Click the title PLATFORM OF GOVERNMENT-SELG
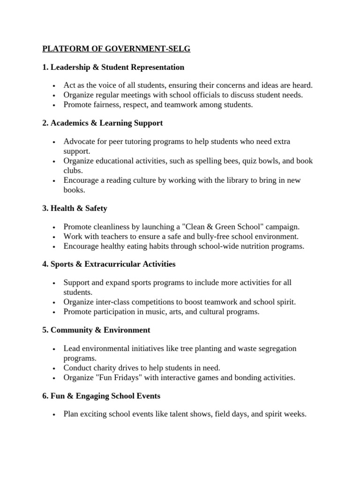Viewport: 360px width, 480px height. point(117,48)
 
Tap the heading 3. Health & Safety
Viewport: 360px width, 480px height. point(75,208)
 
